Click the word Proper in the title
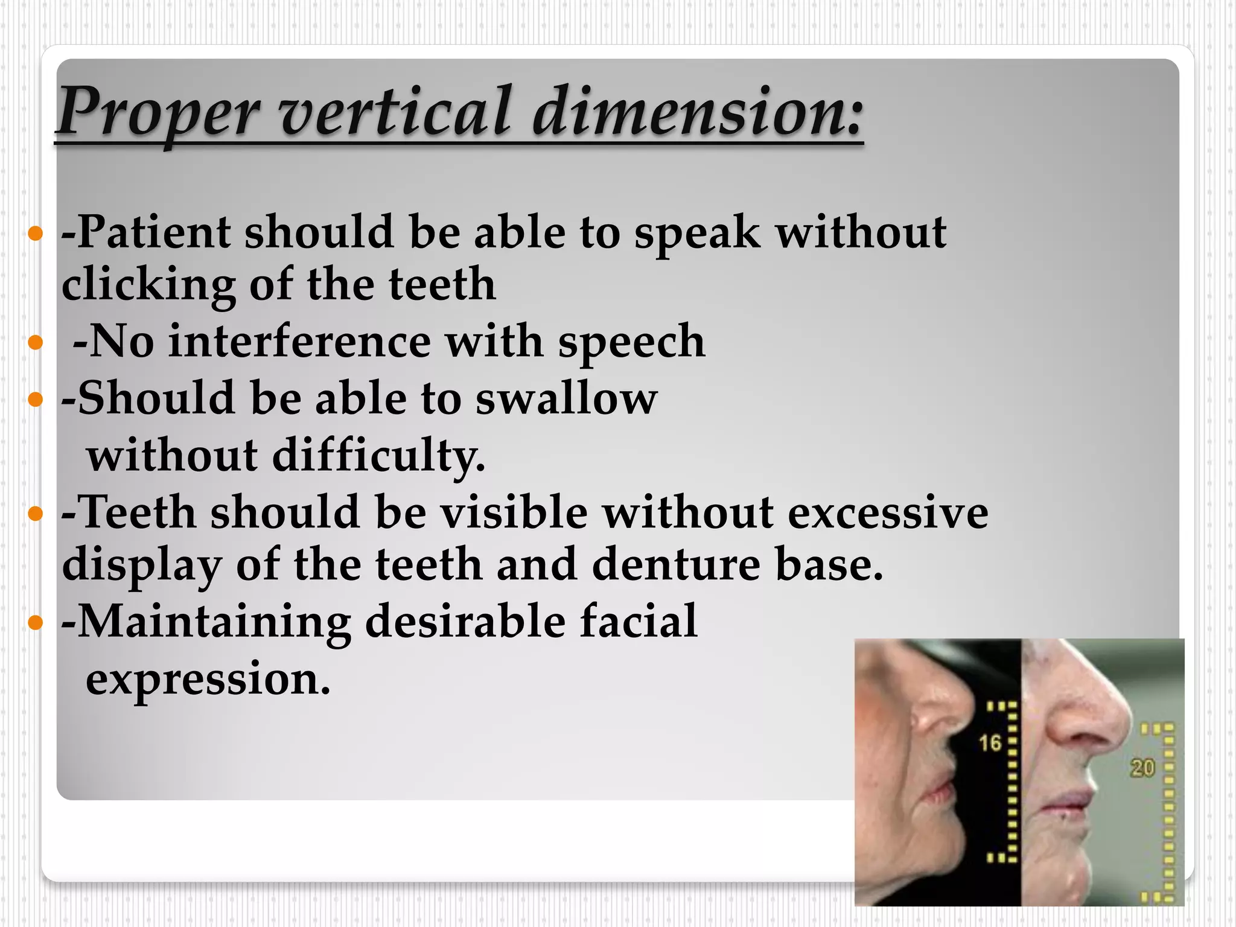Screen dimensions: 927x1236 tap(158, 112)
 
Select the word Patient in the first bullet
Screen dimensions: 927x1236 tap(154, 232)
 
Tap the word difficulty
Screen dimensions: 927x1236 tap(378, 456)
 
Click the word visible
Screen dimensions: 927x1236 tap(514, 512)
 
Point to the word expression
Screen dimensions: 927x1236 tap(208, 678)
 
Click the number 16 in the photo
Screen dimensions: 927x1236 tap(990, 743)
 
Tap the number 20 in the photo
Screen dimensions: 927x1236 tap(1142, 768)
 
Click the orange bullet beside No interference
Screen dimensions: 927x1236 tap(36, 343)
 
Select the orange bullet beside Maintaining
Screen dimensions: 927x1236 tap(36, 622)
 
